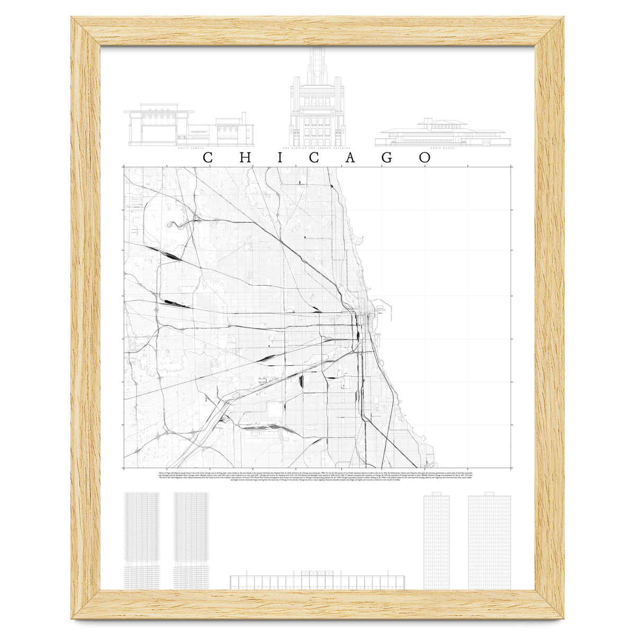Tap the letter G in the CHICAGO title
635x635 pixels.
387,158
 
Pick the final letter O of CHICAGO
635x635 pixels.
424,158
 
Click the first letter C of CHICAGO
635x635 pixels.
208,158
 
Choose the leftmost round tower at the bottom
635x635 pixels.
141,540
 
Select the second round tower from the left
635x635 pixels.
191,540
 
